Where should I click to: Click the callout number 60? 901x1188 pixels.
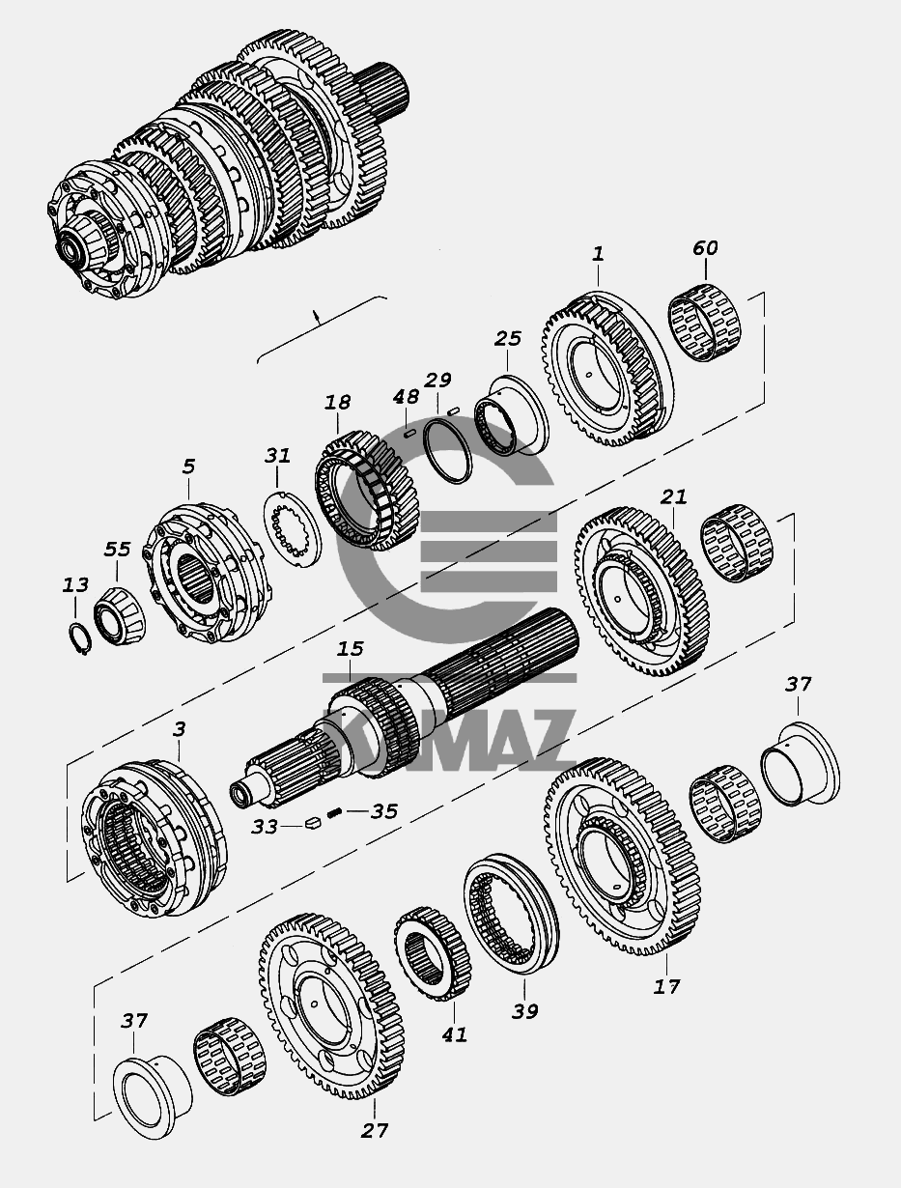tap(705, 248)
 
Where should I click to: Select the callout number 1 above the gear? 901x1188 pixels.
tap(598, 254)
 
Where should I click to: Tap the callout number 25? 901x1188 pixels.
tap(508, 338)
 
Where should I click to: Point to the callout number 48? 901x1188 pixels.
tap(406, 397)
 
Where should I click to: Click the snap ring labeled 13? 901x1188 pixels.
tap(80, 638)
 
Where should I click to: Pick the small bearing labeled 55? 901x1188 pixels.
tap(119, 616)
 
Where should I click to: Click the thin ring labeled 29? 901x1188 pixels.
tap(447, 450)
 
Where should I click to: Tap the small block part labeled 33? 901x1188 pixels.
tap(313, 823)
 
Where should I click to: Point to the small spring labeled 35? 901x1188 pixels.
tap(334, 812)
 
